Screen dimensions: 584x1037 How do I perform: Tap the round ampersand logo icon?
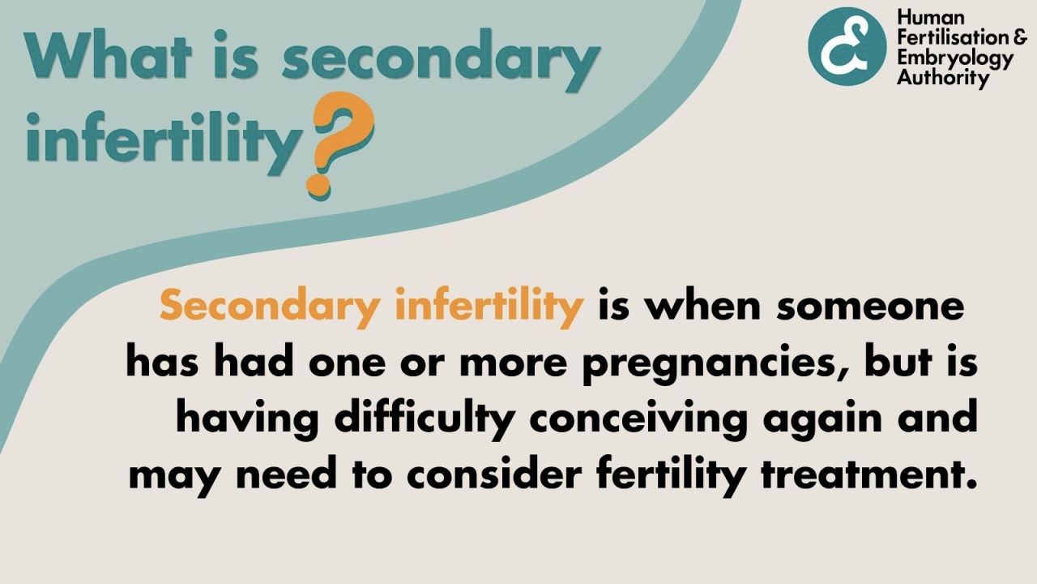pyautogui.click(x=847, y=46)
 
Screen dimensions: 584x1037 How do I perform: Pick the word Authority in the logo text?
pyautogui.click(x=943, y=79)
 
